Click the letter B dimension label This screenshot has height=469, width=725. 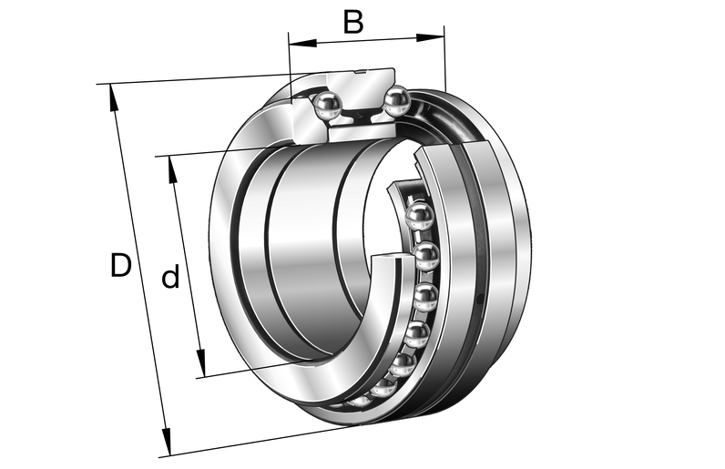(x=353, y=22)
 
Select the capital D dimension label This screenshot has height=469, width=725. (x=120, y=265)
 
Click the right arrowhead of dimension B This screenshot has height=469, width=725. (x=430, y=37)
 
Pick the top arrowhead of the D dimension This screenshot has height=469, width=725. (x=113, y=98)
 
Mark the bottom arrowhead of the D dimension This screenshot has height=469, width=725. (x=166, y=442)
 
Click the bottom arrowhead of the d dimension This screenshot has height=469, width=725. (x=200, y=363)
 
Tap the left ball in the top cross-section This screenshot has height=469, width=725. (x=327, y=107)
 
